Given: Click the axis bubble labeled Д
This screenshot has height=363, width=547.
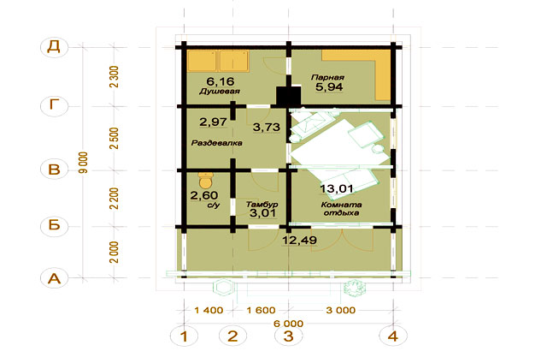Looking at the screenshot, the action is [x=54, y=46].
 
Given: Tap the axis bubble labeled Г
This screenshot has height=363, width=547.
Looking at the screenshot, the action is [x=54, y=104].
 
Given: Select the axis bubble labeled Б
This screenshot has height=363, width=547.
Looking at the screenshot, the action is [x=54, y=225].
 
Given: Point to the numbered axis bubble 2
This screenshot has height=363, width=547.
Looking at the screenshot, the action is [x=232, y=336].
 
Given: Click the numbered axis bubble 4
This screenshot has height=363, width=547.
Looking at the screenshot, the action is [x=393, y=336].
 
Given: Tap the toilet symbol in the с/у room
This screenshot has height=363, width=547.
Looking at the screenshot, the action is [x=206, y=180].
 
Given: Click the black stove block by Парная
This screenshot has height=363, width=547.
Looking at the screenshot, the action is [x=289, y=96].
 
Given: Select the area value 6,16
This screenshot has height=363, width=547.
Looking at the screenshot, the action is [x=221, y=81].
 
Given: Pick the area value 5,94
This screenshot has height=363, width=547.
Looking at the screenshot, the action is [x=329, y=87].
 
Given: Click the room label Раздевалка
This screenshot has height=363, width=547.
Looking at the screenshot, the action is [x=216, y=143].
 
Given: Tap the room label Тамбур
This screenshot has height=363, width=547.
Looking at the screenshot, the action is [x=262, y=205].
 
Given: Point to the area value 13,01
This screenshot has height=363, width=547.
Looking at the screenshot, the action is [x=337, y=188].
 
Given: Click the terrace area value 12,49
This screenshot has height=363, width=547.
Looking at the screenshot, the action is [x=299, y=241].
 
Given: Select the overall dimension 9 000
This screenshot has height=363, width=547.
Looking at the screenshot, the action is [x=84, y=163].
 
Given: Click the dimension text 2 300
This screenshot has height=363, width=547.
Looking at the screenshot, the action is [x=114, y=77].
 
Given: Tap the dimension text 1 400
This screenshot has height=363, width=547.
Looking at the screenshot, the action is [x=209, y=310].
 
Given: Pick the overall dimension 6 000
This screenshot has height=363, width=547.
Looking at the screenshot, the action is [x=289, y=324].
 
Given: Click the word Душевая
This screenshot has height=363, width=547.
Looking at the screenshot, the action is [x=220, y=92].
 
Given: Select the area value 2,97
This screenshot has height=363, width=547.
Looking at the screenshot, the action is [x=213, y=122].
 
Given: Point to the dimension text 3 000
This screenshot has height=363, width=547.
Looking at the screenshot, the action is [x=341, y=310].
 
